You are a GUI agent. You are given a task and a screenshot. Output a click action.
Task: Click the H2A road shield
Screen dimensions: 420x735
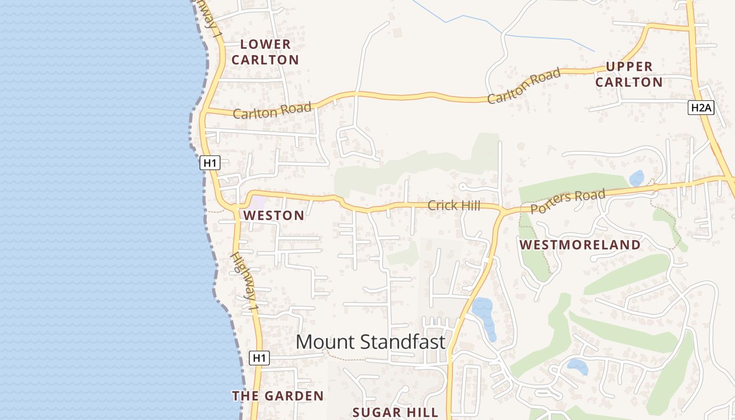coord(701,108)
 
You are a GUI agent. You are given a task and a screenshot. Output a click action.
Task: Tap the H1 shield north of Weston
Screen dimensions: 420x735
coord(209,163)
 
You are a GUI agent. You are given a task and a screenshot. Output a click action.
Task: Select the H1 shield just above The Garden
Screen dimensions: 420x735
coord(259,358)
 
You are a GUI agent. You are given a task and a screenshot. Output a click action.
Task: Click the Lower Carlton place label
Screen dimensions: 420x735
coord(265,52)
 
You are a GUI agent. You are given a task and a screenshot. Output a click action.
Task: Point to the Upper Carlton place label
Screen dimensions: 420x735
coord(629,74)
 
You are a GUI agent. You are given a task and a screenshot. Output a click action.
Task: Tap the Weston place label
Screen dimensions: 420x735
coord(274,215)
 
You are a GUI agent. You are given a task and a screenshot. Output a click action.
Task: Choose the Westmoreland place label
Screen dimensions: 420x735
coord(580,245)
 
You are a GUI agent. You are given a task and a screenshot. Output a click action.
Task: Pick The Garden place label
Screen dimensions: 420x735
coord(278,396)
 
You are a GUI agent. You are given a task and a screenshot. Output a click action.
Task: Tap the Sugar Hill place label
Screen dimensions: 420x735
coord(395,412)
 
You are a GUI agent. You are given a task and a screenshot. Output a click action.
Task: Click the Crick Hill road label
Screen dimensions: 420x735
coord(454,205)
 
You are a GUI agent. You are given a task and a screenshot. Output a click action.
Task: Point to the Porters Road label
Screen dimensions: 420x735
coord(568,202)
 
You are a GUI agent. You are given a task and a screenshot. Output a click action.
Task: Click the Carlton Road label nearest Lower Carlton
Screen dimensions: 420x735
coord(272,111)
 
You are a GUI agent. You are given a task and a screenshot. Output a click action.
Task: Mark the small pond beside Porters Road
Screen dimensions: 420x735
coord(636,178)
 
